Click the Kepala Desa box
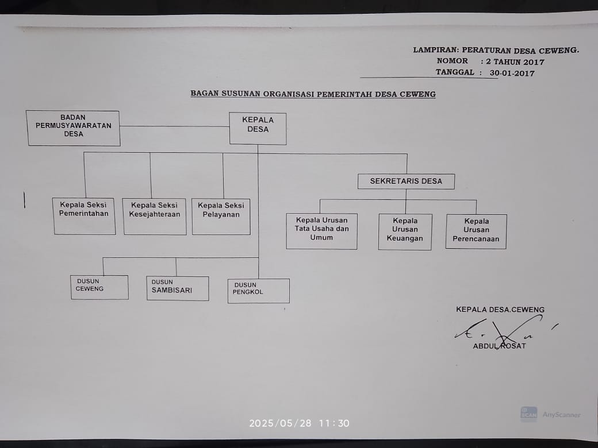258,128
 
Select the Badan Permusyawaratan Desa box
74,128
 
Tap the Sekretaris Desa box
406,181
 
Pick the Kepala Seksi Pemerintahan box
84,216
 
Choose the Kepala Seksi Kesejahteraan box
155,216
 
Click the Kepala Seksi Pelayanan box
221,216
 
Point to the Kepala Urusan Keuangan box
405,231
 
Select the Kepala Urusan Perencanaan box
476,231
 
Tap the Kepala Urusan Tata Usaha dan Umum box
321,231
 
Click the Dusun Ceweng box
99,287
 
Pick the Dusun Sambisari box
177,288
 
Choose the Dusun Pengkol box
258,291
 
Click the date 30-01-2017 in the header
512,74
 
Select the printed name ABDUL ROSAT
499,346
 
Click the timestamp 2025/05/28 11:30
299,423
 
